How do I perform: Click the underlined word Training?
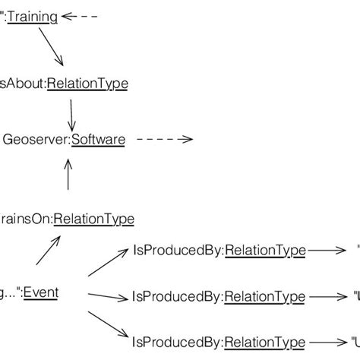click(x=33, y=17)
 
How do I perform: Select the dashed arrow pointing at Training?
click(x=80, y=16)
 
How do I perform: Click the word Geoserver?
click(x=33, y=139)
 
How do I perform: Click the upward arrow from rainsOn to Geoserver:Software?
click(x=68, y=176)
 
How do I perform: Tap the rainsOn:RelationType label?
click(x=67, y=219)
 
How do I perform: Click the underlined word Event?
click(x=41, y=292)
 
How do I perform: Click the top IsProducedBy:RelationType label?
click(x=219, y=249)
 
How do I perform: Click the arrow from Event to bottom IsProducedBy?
click(x=109, y=323)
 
